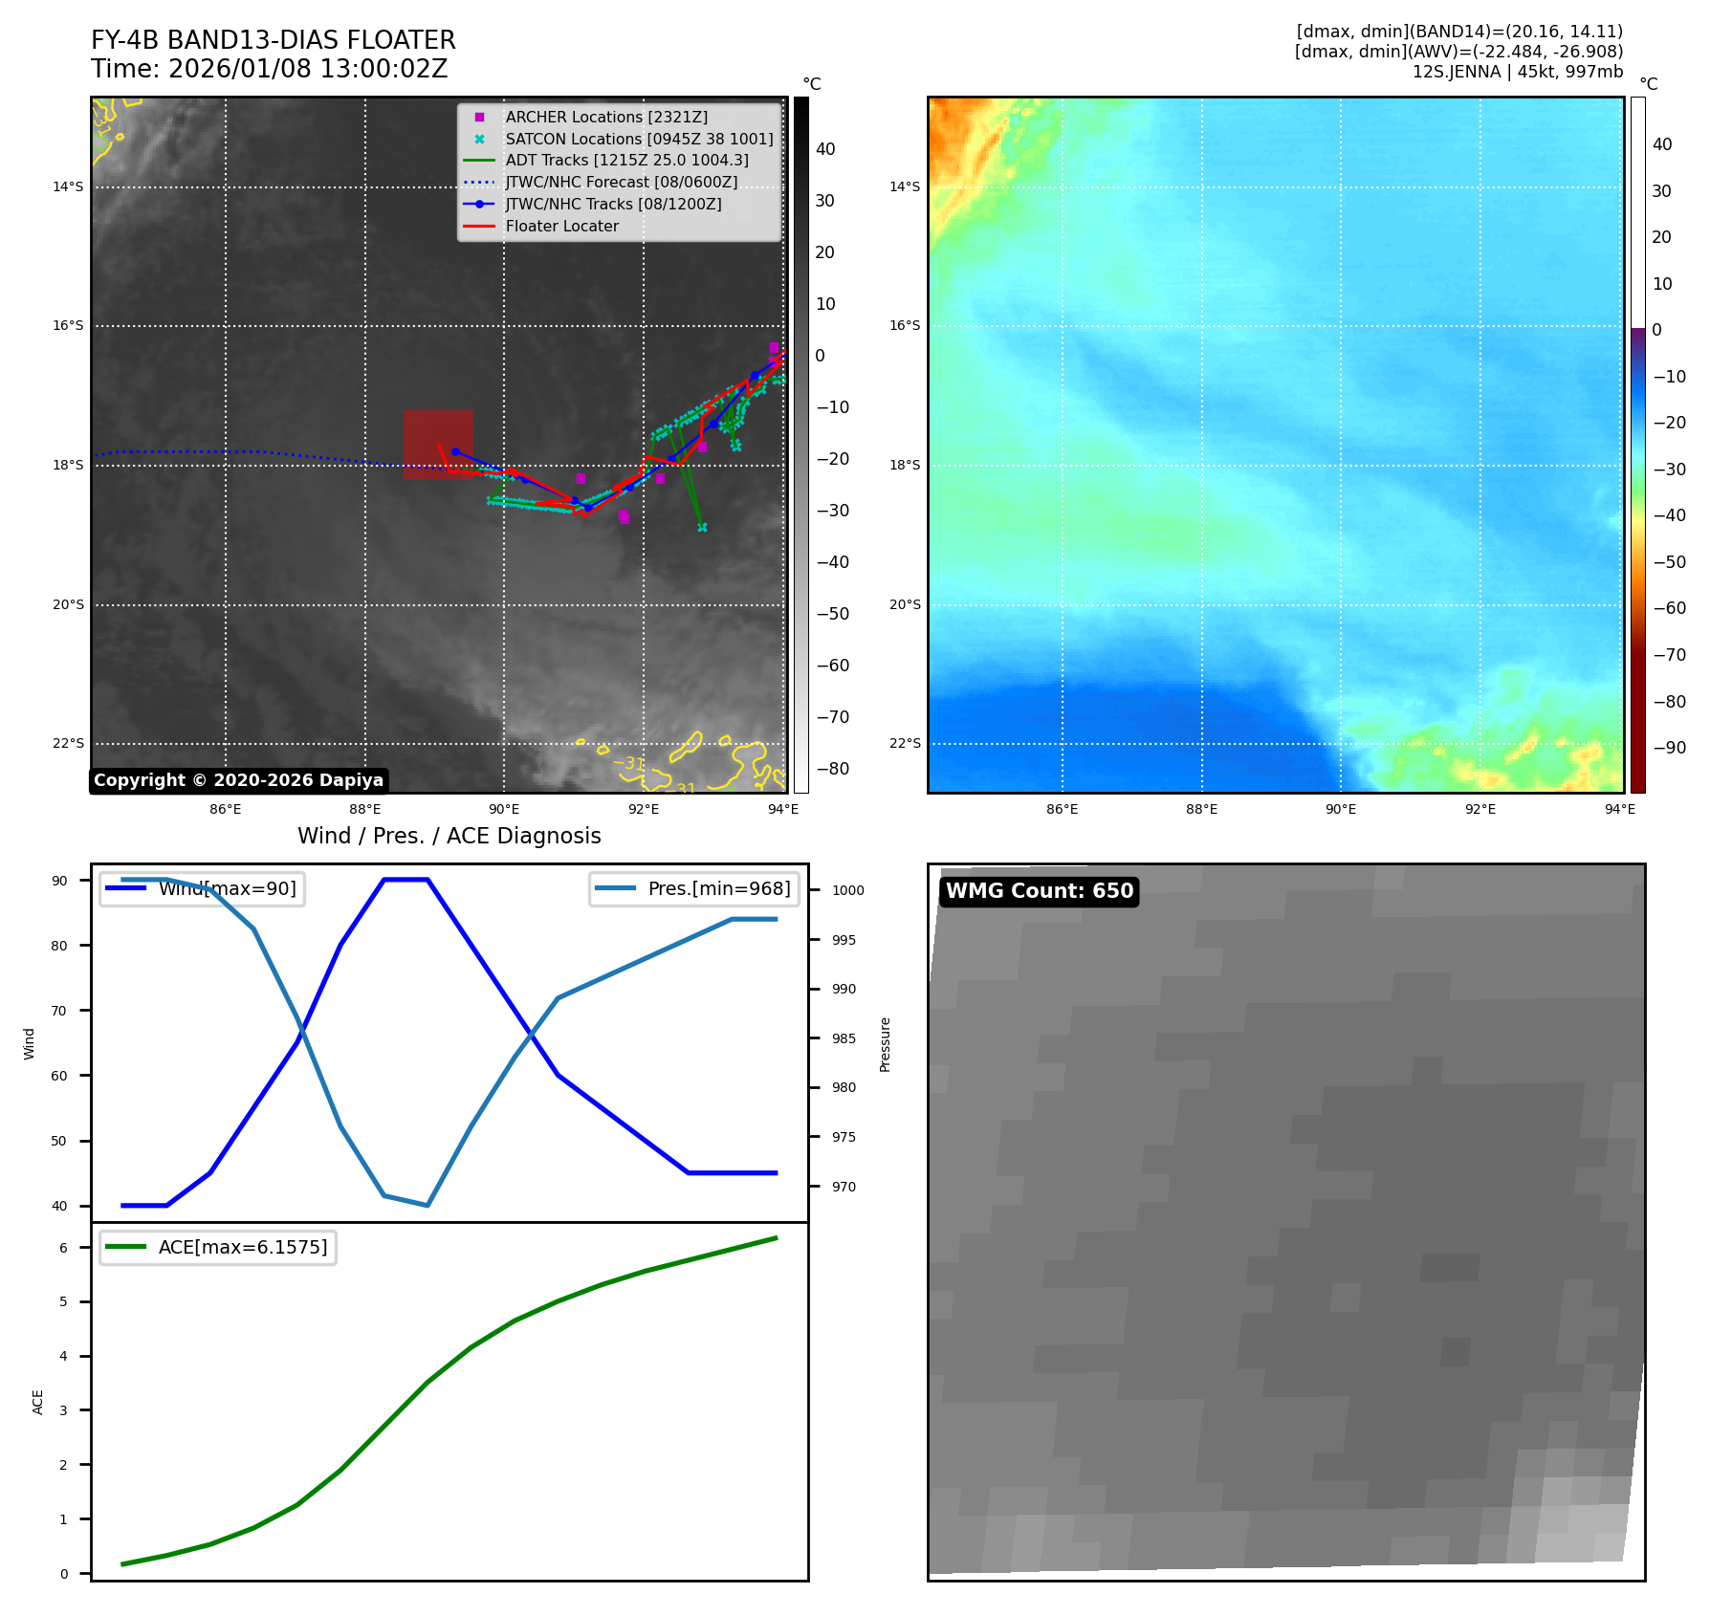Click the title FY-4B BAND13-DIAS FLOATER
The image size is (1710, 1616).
tap(273, 40)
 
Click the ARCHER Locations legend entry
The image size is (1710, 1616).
tap(606, 117)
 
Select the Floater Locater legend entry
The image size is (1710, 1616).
tap(561, 226)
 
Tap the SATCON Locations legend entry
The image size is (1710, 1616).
tap(639, 139)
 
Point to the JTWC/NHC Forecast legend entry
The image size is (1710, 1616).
tap(621, 182)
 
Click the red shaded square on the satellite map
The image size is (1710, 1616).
tap(438, 445)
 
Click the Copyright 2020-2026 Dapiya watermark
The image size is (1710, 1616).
tap(238, 780)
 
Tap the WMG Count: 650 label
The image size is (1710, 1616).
tap(1040, 891)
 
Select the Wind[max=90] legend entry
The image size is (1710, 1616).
tap(227, 888)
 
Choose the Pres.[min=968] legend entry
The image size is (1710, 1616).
tap(718, 888)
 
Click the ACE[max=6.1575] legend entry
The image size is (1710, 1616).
tap(242, 1247)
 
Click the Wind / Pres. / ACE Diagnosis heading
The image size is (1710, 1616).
tap(449, 836)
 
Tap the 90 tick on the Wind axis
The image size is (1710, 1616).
tap(60, 881)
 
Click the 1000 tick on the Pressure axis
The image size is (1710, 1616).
tap(847, 890)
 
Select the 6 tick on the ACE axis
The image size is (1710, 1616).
tap(64, 1248)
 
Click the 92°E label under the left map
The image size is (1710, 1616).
tap(644, 809)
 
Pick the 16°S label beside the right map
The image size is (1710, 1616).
tap(905, 325)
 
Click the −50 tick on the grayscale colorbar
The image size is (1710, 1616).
tap(832, 614)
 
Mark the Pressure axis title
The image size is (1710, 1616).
tap(885, 1044)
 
